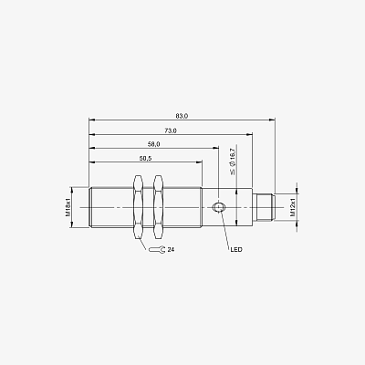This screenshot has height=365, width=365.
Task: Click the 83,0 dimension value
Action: click(182, 116)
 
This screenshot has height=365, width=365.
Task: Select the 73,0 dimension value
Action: click(171, 130)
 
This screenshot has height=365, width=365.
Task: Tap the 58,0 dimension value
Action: click(154, 144)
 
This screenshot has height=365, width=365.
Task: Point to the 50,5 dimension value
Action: click(145, 158)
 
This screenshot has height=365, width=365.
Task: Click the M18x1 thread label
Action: click(68, 207)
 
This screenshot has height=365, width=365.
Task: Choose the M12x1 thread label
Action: click(293, 207)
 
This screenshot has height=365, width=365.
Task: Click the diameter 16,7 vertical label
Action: click(233, 162)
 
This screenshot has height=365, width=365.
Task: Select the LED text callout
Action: click(236, 250)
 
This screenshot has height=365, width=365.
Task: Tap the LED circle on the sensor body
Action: click(218, 207)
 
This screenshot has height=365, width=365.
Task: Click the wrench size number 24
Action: click(171, 250)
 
